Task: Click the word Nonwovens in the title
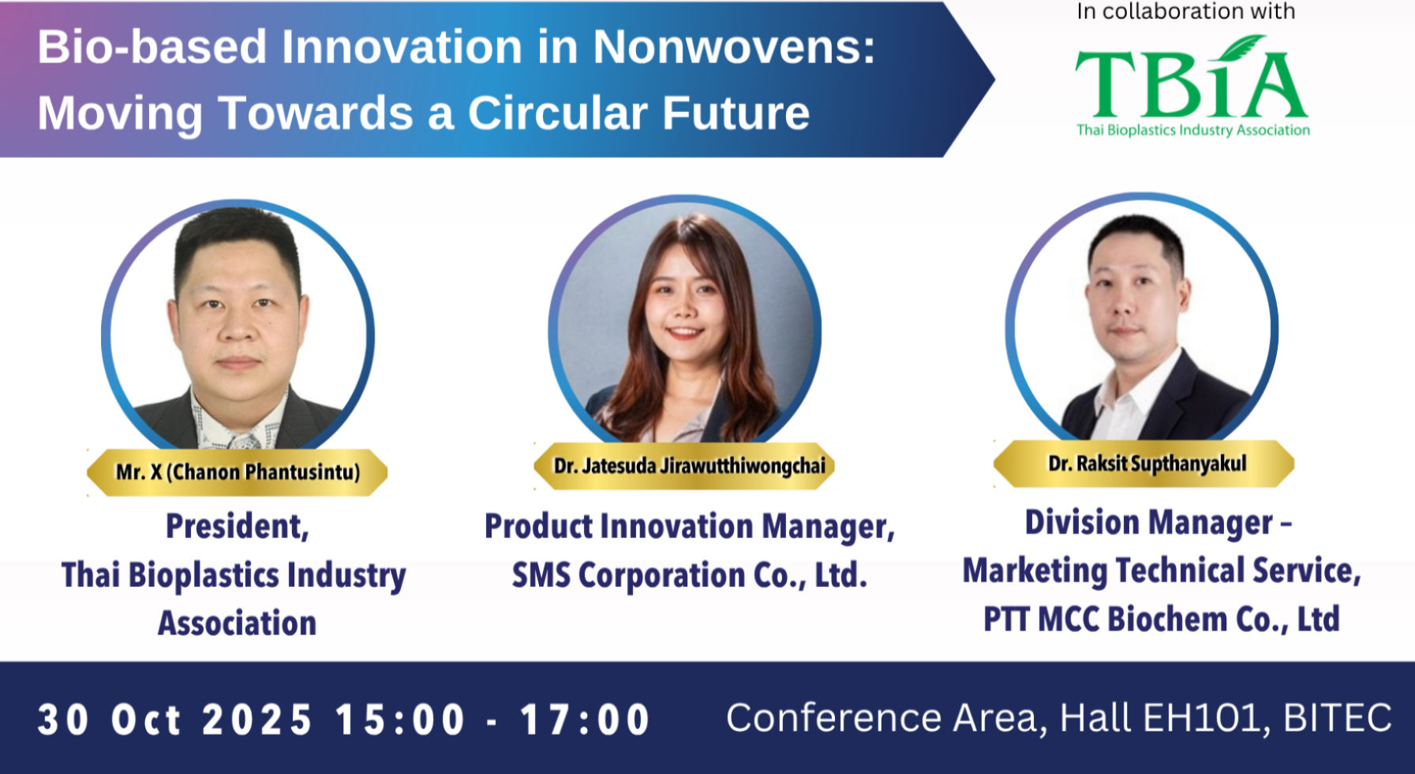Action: (x=734, y=47)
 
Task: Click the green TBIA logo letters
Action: (x=1192, y=83)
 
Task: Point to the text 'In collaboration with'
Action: (x=1186, y=11)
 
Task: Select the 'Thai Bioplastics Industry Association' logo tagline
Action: (x=1193, y=130)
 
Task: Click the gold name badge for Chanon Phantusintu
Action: (x=237, y=472)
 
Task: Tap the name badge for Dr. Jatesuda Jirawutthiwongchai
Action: (x=684, y=466)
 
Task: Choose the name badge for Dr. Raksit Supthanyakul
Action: (x=1144, y=463)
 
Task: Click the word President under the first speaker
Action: (x=237, y=526)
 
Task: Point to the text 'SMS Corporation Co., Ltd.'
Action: (x=690, y=575)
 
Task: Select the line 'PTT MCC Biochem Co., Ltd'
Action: (x=1162, y=619)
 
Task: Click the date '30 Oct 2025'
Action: (x=175, y=720)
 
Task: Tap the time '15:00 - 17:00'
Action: (x=492, y=720)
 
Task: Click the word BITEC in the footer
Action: (x=1338, y=718)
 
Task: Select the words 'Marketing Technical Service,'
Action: (x=1162, y=570)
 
